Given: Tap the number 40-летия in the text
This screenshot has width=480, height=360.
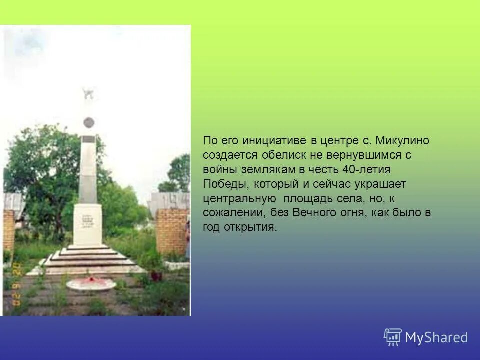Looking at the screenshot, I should coord(366,170).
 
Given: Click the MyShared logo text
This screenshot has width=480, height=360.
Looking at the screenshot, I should coord(436,337).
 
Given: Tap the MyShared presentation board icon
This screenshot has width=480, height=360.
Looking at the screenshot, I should coord(393,337).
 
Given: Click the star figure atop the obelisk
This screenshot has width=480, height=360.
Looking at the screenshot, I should coord(88,93).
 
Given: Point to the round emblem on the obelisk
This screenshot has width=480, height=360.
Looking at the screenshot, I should coord(88,122).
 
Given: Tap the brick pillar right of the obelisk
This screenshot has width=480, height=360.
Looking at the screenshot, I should coord(171,231).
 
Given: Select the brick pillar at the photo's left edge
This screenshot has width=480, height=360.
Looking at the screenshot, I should coord(9,230).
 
